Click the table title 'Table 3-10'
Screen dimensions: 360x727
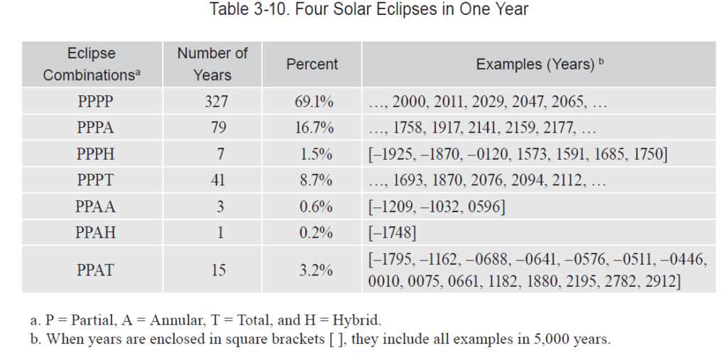coord(369,10)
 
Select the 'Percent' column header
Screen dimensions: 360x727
coord(312,64)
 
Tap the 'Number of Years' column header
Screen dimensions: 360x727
coord(212,64)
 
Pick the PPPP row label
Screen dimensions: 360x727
coord(95,102)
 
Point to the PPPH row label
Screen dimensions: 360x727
coord(95,154)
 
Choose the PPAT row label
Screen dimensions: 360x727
coord(95,270)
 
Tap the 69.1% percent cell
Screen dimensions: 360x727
coord(314,102)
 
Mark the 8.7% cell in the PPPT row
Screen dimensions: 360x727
coord(314,180)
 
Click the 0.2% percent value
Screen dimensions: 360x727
coord(314,233)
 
